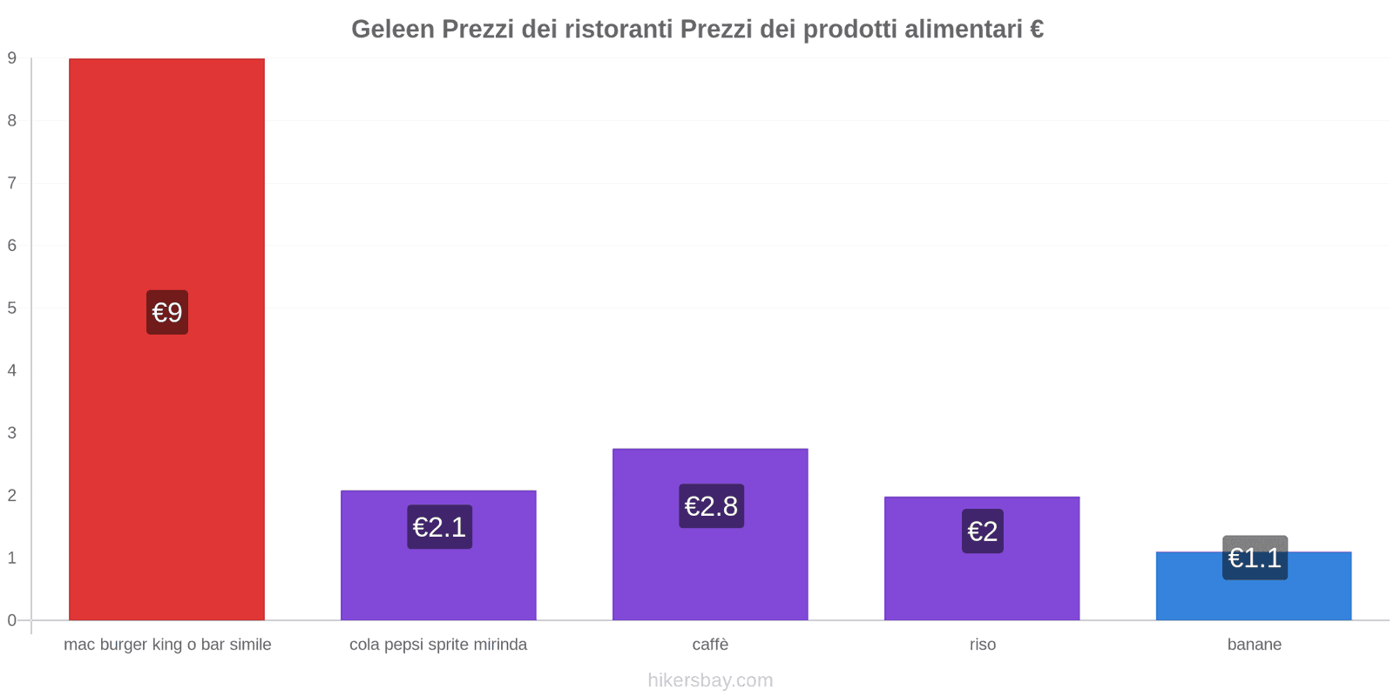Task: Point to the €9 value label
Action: (167, 312)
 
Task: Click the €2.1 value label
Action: (439, 527)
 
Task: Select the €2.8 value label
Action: (711, 506)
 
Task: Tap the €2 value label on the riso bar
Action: (983, 531)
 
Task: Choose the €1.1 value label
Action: (1255, 558)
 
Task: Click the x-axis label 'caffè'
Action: (710, 645)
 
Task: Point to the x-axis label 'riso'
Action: (983, 645)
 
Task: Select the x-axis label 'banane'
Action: (1255, 645)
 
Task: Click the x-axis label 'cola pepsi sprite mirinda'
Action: (438, 645)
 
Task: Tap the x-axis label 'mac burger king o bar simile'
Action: (167, 645)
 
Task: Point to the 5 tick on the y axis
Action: (12, 308)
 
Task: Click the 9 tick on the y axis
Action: (12, 58)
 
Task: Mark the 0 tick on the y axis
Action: (12, 620)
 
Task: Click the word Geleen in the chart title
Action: (392, 30)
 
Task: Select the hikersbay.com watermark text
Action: (710, 680)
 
